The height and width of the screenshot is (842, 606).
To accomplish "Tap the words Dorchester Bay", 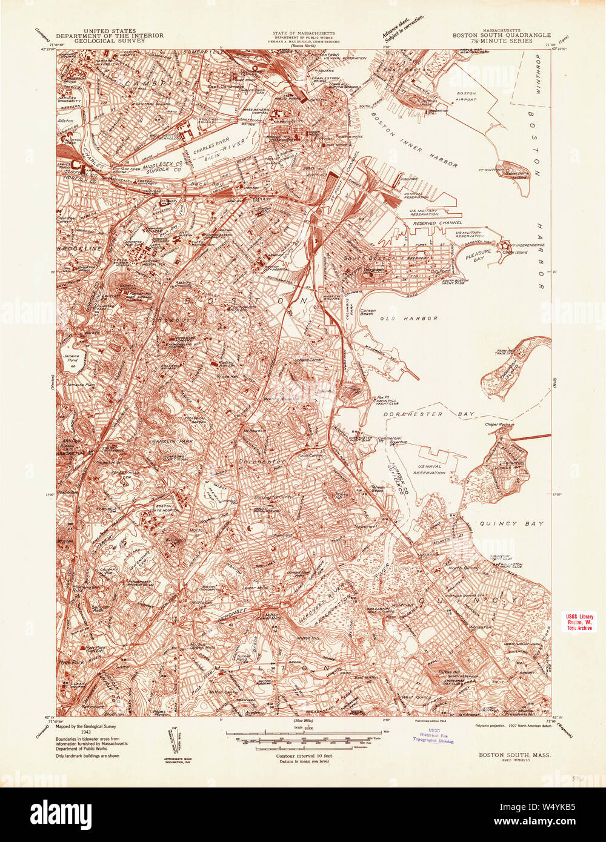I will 435,414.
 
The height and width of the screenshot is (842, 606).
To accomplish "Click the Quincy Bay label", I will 511,523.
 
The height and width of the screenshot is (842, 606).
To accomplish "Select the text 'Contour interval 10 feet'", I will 302,757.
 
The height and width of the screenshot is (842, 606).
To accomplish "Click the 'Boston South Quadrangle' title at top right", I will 501,35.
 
